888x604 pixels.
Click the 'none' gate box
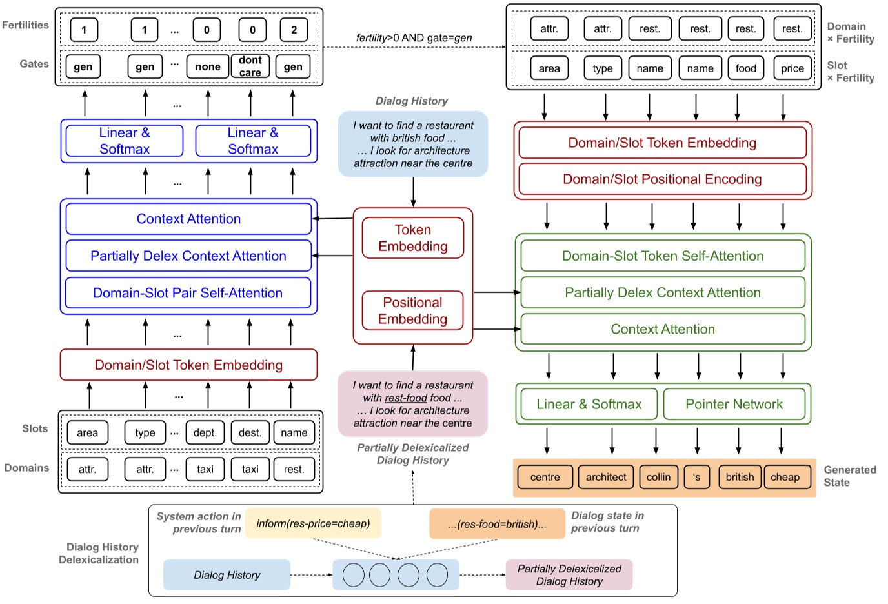pyautogui.click(x=208, y=66)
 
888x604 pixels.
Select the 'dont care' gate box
pyautogui.click(x=250, y=66)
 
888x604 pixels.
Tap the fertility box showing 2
pyautogui.click(x=294, y=30)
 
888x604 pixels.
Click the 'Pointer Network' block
pyautogui.click(x=734, y=405)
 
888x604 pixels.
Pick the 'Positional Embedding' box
pyautogui.click(x=412, y=310)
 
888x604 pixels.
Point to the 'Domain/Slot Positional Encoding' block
pyautogui.click(x=662, y=179)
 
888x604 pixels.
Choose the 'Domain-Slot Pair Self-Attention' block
pyautogui.click(x=188, y=293)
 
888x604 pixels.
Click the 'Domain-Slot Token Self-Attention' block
pyautogui.click(x=663, y=256)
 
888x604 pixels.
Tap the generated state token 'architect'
pyautogui.click(x=606, y=478)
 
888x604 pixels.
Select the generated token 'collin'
pyautogui.click(x=658, y=478)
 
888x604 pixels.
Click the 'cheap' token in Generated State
pyautogui.click(x=785, y=478)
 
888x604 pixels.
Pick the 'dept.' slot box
pyautogui.click(x=205, y=433)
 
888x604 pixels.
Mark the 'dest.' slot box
pyautogui.click(x=250, y=433)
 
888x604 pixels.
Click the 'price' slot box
pyautogui.click(x=792, y=68)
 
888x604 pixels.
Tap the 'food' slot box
pyautogui.click(x=745, y=68)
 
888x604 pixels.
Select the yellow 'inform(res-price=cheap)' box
pyautogui.click(x=313, y=523)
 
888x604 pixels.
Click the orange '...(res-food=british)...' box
pyautogui.click(x=497, y=524)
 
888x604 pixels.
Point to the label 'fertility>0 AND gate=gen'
pyautogui.click(x=414, y=38)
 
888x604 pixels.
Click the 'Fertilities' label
pyautogui.click(x=25, y=25)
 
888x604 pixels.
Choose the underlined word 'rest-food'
pyautogui.click(x=406, y=398)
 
